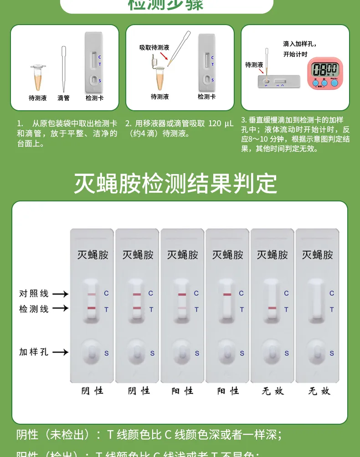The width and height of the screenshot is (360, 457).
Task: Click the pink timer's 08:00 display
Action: point(324,70)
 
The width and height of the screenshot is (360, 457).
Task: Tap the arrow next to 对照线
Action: point(60,294)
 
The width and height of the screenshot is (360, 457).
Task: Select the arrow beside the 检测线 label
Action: point(60,308)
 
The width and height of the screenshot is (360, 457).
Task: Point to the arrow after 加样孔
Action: point(60,352)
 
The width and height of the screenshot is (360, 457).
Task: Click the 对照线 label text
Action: point(34,294)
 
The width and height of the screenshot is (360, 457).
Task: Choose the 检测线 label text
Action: point(34,308)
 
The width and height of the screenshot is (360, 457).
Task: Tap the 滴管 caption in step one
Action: point(64,98)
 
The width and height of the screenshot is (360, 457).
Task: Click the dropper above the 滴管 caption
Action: point(64,68)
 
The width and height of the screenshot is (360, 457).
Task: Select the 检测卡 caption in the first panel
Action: point(94,98)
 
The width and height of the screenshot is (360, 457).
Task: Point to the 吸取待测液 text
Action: point(154,47)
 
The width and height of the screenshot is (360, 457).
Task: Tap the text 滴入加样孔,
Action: point(300,44)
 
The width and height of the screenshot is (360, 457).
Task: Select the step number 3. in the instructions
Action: point(244,120)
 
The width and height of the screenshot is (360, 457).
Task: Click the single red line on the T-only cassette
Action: point(272,308)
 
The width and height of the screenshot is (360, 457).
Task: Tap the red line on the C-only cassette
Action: point(227,294)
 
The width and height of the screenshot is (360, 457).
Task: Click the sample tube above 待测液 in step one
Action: point(38,77)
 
